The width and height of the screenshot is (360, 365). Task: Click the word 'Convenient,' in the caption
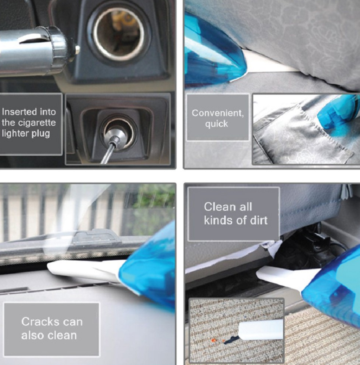218,113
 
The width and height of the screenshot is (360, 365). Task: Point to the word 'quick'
217,124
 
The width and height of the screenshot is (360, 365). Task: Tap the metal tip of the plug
77,49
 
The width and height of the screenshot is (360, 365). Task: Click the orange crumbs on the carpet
213,341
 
